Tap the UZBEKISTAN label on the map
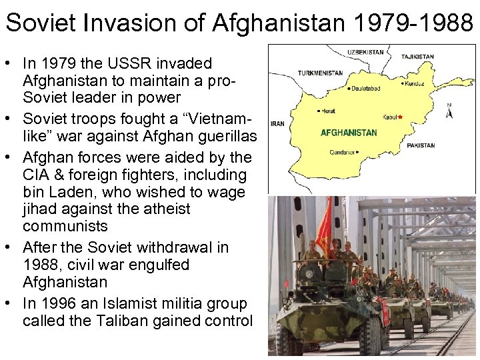click(x=366, y=51)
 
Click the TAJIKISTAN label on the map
click(x=418, y=57)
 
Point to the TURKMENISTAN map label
click(x=321, y=73)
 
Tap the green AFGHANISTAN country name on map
click(x=349, y=133)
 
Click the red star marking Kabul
click(x=400, y=117)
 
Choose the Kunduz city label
click(x=413, y=84)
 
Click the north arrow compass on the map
click(x=449, y=111)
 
